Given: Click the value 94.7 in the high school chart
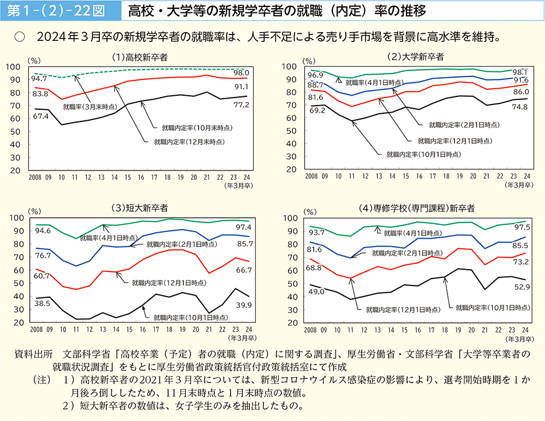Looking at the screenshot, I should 40,78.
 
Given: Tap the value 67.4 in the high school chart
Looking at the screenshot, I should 40,116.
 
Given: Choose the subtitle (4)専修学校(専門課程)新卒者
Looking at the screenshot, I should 416,208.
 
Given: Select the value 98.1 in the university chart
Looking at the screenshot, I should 520,71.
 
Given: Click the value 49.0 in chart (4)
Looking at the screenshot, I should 317,291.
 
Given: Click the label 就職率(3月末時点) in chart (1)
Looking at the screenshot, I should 89,106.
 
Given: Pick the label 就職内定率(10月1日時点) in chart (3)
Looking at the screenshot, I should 190,318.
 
